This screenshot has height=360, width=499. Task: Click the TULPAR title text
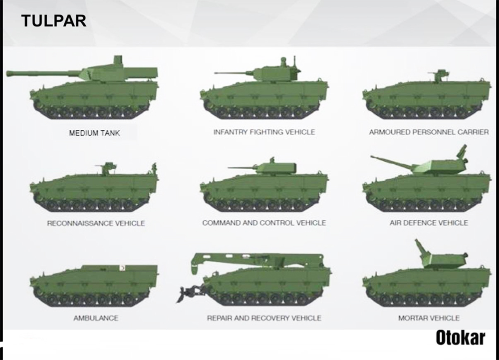(54, 21)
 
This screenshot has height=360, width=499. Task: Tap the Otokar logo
(461, 338)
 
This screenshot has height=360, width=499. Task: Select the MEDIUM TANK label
(94, 133)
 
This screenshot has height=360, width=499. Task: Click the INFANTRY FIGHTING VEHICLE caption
(264, 132)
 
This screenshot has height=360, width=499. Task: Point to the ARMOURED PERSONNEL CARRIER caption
(429, 132)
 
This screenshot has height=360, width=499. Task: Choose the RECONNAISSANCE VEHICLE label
(96, 223)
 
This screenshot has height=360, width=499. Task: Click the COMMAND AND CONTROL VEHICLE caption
(264, 223)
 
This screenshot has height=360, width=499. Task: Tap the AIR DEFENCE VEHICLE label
(429, 223)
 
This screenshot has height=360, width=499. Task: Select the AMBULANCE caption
(96, 318)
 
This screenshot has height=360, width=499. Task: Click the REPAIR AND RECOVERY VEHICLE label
(264, 318)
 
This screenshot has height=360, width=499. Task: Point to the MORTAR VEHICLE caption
(429, 318)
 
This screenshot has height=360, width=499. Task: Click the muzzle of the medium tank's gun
(9, 73)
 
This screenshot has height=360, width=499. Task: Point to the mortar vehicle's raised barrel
(422, 249)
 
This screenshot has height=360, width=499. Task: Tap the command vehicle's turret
(276, 168)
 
